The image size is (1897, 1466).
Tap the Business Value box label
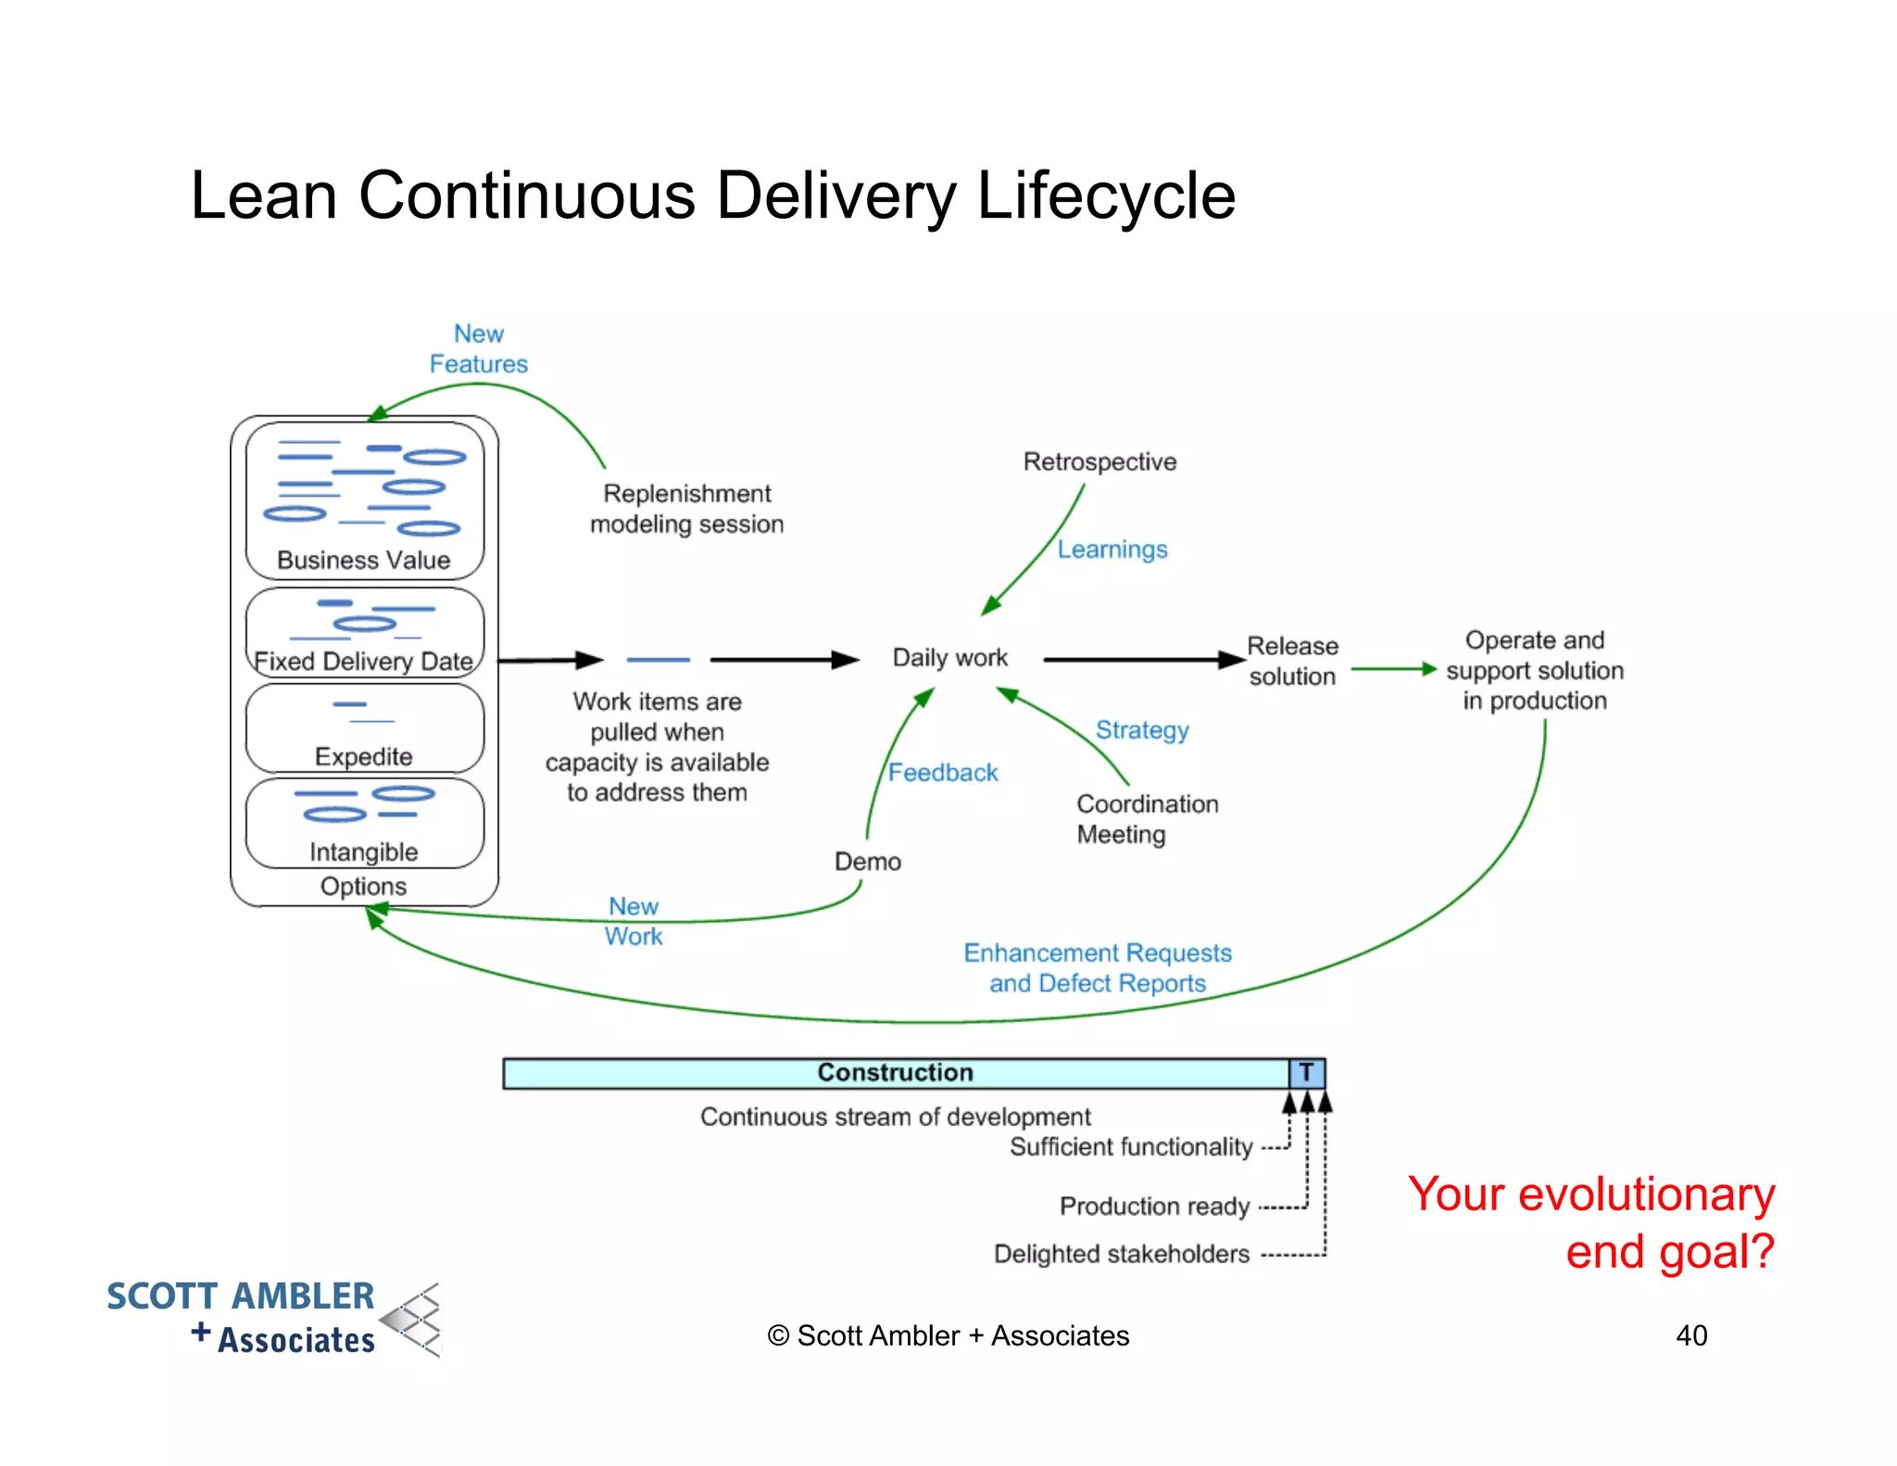[363, 560]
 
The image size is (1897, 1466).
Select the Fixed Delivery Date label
[363, 661]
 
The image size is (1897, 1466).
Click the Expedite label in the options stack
[363, 756]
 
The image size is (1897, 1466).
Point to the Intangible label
[363, 852]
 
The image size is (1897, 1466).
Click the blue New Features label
[478, 348]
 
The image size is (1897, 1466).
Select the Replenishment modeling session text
[686, 509]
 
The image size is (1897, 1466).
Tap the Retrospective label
[1099, 461]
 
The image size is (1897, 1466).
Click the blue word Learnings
[1112, 550]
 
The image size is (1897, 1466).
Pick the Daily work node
[949, 658]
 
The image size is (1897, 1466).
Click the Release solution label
[1292, 661]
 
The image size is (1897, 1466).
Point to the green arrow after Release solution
[1393, 668]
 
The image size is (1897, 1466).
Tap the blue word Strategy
[1142, 730]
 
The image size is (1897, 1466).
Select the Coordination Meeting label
[1147, 819]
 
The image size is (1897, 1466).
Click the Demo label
[867, 862]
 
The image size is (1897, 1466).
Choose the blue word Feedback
[943, 773]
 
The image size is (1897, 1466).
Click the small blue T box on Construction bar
[1306, 1073]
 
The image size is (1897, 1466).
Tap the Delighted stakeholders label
[1121, 1254]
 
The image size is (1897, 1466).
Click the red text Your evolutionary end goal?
[1590, 1222]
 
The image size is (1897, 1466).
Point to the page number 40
[1690, 1335]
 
